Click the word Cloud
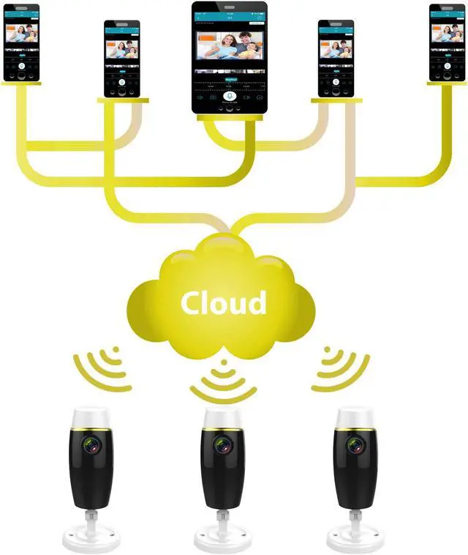pyautogui.click(x=224, y=302)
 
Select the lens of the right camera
pyautogui.click(x=352, y=444)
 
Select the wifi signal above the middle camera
pyautogui.click(x=224, y=381)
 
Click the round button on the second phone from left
pyautogui.click(x=122, y=82)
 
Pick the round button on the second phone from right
pyautogui.click(x=336, y=82)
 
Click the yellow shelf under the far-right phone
pyautogui.click(x=446, y=84)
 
